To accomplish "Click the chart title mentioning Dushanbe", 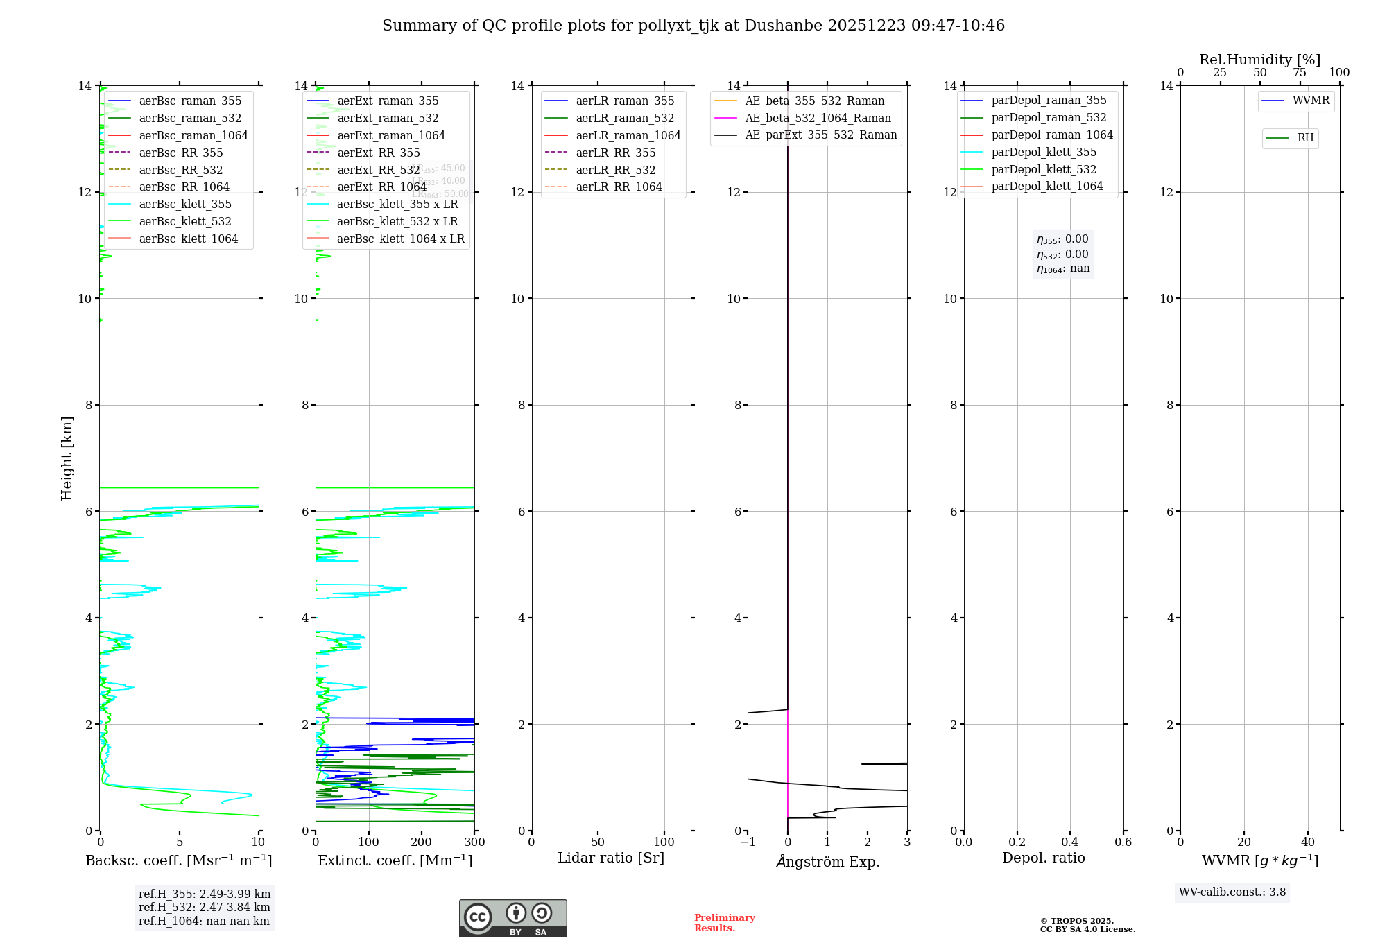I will coord(693,26).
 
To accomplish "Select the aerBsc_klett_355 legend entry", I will coord(185,204).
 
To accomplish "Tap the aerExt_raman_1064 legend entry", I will coord(391,135).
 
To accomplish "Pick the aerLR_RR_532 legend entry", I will coord(615,170).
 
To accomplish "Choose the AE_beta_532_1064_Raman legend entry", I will coord(818,118).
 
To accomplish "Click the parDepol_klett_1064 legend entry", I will coord(1046,186).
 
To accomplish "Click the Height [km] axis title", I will coord(67,458).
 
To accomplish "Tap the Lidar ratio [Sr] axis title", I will coord(611,858).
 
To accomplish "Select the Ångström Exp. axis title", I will coord(827,861).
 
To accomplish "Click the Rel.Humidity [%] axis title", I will coord(1259,60).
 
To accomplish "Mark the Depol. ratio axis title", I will coord(1043,858).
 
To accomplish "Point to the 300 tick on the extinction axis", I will coord(474,842).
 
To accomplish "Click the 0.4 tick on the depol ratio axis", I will coord(1070,842).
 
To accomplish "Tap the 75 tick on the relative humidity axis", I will coord(1300,73).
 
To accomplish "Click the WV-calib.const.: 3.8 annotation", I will coord(1232,892).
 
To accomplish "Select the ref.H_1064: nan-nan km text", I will coord(204,921).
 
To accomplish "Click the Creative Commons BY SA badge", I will coord(512,918).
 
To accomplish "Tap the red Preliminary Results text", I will coord(724,923).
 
